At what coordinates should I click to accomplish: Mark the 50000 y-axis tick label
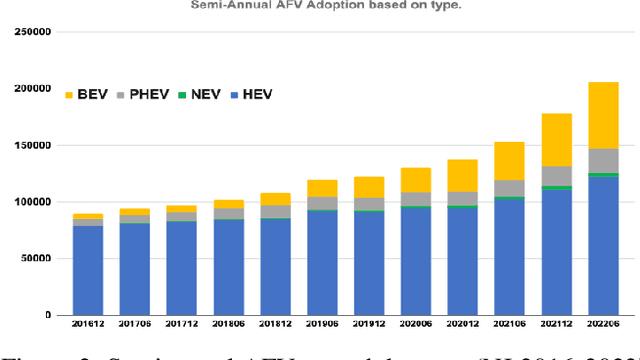(x=35, y=258)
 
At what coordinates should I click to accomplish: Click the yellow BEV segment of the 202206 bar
(x=603, y=115)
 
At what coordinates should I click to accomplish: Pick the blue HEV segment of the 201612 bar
(x=88, y=270)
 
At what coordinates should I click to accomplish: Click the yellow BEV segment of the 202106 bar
(x=509, y=160)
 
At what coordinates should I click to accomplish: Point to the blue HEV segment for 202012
(x=462, y=260)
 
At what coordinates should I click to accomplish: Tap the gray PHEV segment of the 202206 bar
(x=603, y=160)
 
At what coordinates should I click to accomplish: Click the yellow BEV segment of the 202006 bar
(x=415, y=179)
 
